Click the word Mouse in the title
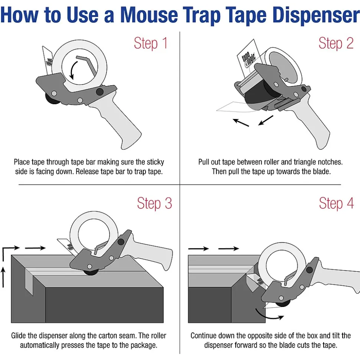(x=149, y=15)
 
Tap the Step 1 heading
(x=151, y=43)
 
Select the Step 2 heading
(x=336, y=43)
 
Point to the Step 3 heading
(x=154, y=203)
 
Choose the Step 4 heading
(x=336, y=203)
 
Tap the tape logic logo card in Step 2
(x=248, y=57)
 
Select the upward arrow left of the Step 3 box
(x=3, y=277)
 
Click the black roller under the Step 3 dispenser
(x=91, y=273)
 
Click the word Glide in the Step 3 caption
(x=19, y=336)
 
